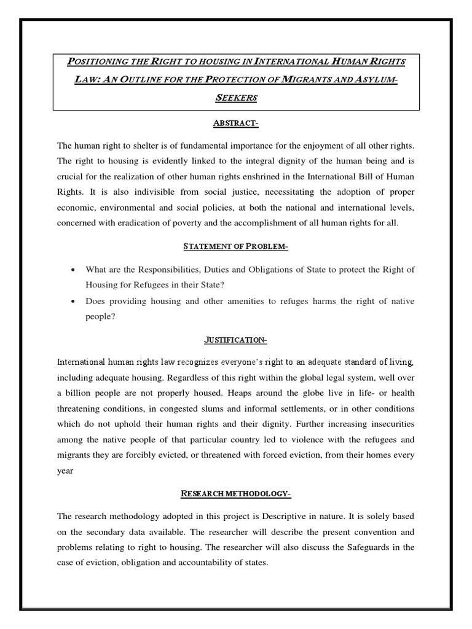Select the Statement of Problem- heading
click(x=236, y=247)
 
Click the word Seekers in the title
click(x=236, y=98)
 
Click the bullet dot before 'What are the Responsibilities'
click(x=74, y=270)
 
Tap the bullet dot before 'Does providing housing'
click(x=74, y=302)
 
